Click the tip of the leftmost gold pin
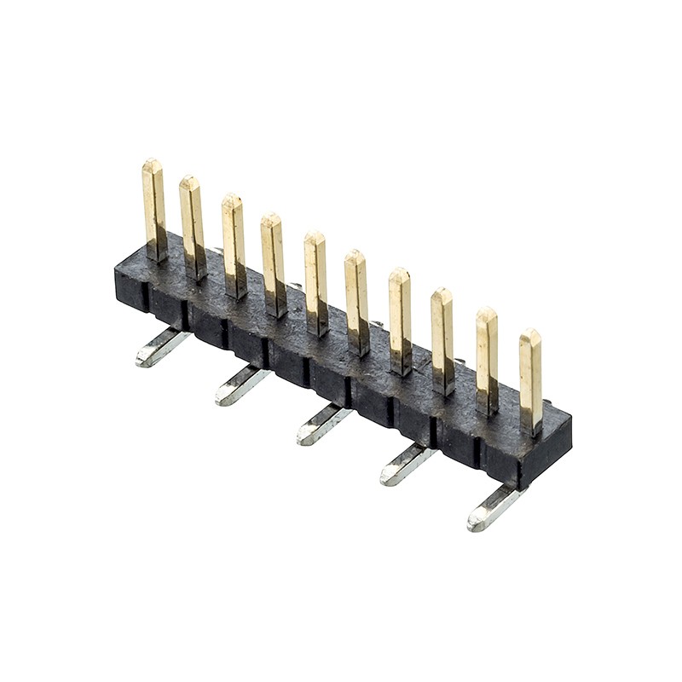click(153, 165)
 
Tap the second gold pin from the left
click(192, 226)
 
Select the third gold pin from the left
click(234, 243)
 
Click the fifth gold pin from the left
click(315, 281)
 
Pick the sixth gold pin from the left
click(356, 300)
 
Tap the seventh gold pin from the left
click(400, 320)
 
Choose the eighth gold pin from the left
click(442, 339)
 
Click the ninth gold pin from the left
click(487, 358)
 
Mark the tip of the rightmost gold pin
click(530, 335)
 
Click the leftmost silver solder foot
click(160, 348)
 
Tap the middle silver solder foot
click(321, 425)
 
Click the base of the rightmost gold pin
click(531, 426)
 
